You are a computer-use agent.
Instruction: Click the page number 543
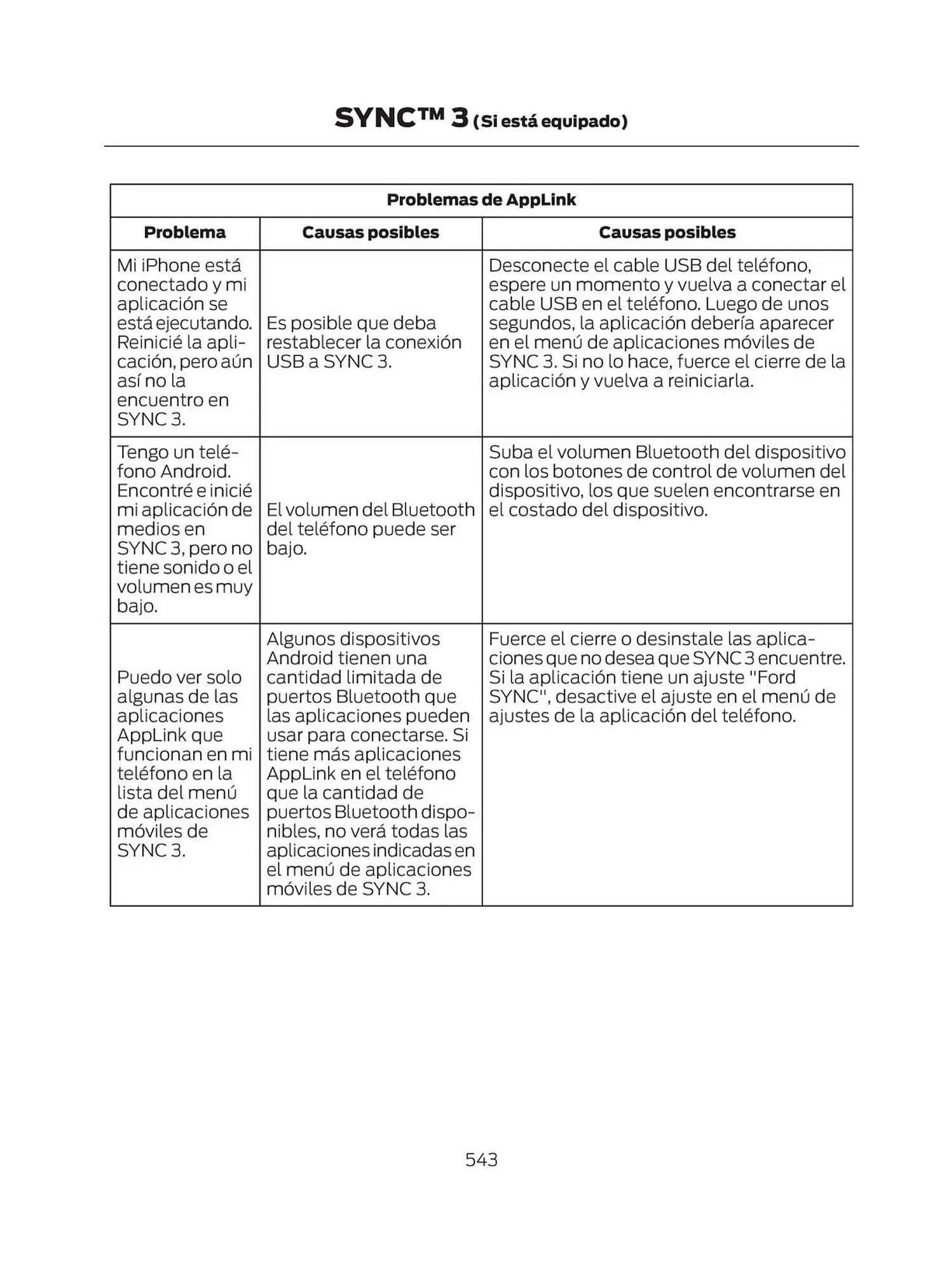[x=481, y=1159]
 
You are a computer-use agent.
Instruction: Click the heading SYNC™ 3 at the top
[x=401, y=118]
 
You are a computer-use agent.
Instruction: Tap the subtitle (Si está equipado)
[x=550, y=121]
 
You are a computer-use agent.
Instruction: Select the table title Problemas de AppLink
[x=481, y=200]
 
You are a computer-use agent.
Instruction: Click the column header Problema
[x=184, y=232]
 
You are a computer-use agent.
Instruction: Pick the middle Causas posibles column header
[x=371, y=232]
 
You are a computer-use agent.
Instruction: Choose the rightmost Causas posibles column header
[x=667, y=232]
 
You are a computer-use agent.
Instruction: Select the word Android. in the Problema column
[x=195, y=471]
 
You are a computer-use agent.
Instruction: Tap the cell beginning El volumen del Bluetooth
[x=370, y=529]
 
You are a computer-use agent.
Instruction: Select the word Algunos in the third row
[x=299, y=639]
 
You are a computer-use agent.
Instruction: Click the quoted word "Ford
[x=772, y=677]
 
